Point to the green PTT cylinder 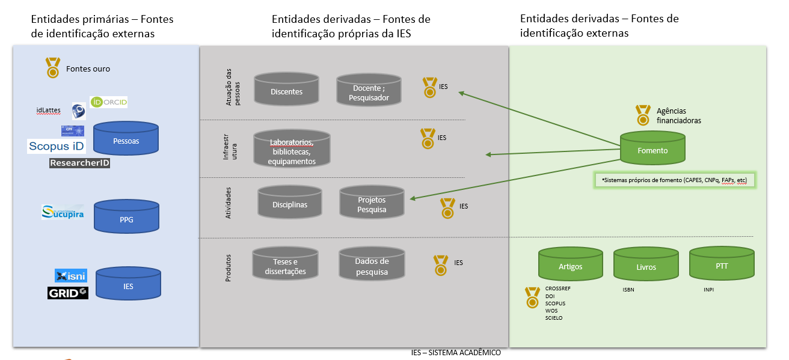coord(721,264)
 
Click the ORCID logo coord(109,102)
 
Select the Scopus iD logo coord(57,146)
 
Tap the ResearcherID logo coord(80,163)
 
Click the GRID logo coord(67,293)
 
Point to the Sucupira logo coord(63,212)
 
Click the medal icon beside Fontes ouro coord(53,67)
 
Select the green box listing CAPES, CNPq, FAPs coord(674,180)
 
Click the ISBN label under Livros coord(628,290)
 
